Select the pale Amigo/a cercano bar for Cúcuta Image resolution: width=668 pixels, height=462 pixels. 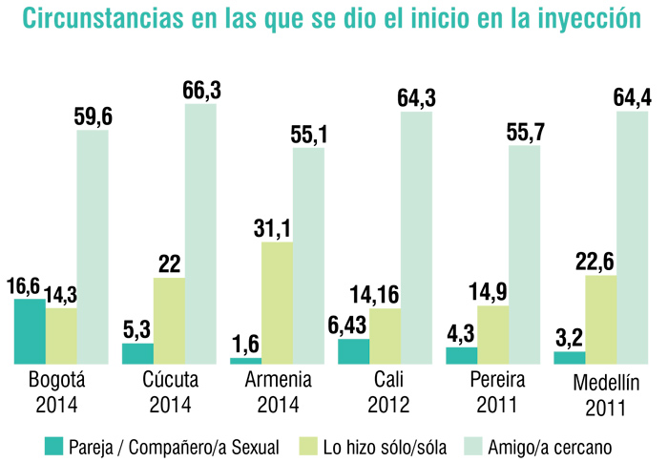200,234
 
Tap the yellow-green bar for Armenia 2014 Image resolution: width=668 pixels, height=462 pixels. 277,303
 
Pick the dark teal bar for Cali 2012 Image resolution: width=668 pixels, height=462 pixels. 353,351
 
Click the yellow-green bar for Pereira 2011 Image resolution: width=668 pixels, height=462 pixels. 492,334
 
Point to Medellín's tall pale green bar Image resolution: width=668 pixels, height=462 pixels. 632,239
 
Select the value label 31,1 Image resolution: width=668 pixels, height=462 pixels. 278,228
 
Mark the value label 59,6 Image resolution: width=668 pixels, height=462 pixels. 93,116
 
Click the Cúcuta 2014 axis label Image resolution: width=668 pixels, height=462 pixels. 170,391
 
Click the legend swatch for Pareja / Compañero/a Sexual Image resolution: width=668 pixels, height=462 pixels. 53,445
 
